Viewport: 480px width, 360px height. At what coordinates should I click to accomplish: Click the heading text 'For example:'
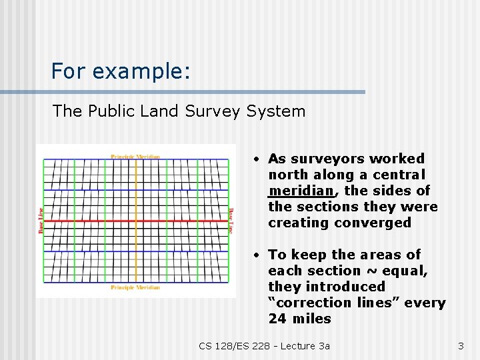point(121,71)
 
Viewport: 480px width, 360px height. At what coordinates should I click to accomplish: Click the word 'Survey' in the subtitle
point(211,111)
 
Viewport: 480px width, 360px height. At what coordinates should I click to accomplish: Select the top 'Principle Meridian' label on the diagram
point(135,157)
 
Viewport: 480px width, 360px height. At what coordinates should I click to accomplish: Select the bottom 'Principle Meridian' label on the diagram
point(135,287)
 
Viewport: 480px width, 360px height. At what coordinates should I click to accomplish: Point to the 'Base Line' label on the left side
point(41,221)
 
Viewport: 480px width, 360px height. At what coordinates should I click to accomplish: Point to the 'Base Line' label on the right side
point(231,221)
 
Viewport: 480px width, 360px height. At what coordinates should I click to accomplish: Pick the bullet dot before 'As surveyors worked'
point(256,159)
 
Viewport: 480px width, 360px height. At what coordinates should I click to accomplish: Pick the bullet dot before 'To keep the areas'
point(256,255)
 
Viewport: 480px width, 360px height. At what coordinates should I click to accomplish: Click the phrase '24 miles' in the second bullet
point(299,319)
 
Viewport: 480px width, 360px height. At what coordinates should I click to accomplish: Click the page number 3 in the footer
point(460,345)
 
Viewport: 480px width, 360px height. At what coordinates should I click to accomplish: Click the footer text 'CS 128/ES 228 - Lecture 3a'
point(264,345)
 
